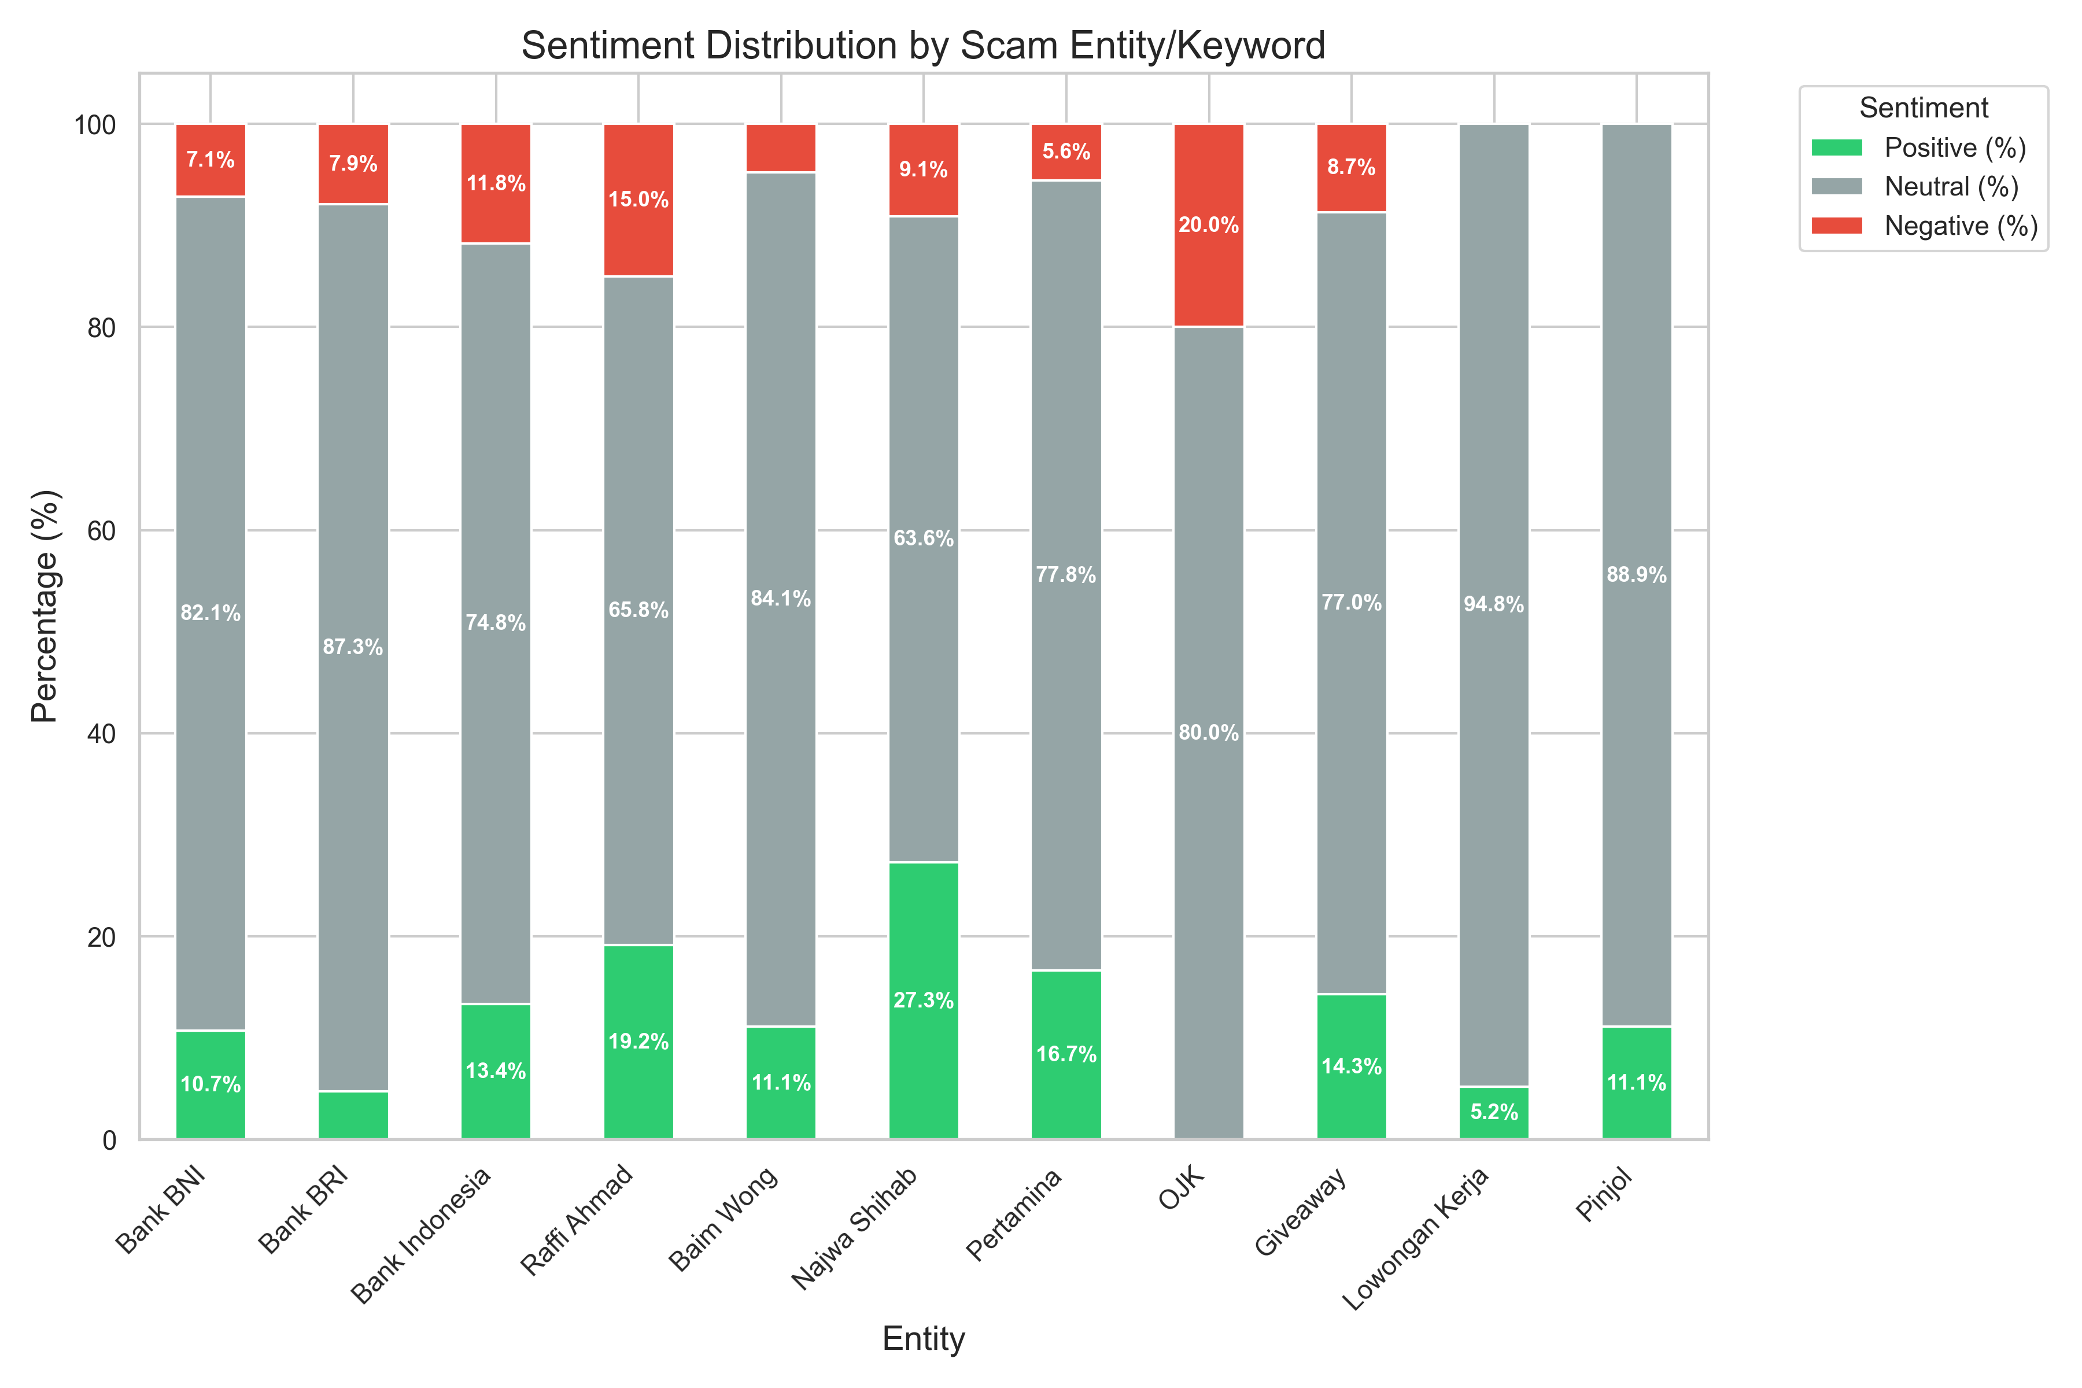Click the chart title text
[x=922, y=45]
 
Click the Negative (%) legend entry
[x=1960, y=226]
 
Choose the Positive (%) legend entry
[x=1955, y=148]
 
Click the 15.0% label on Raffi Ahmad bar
[x=638, y=199]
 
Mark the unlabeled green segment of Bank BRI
[x=353, y=1116]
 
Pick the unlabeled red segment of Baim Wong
[x=781, y=148]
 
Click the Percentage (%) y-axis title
[x=45, y=606]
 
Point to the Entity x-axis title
[x=922, y=1338]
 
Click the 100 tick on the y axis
[x=95, y=125]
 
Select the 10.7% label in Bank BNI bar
[x=211, y=1084]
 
